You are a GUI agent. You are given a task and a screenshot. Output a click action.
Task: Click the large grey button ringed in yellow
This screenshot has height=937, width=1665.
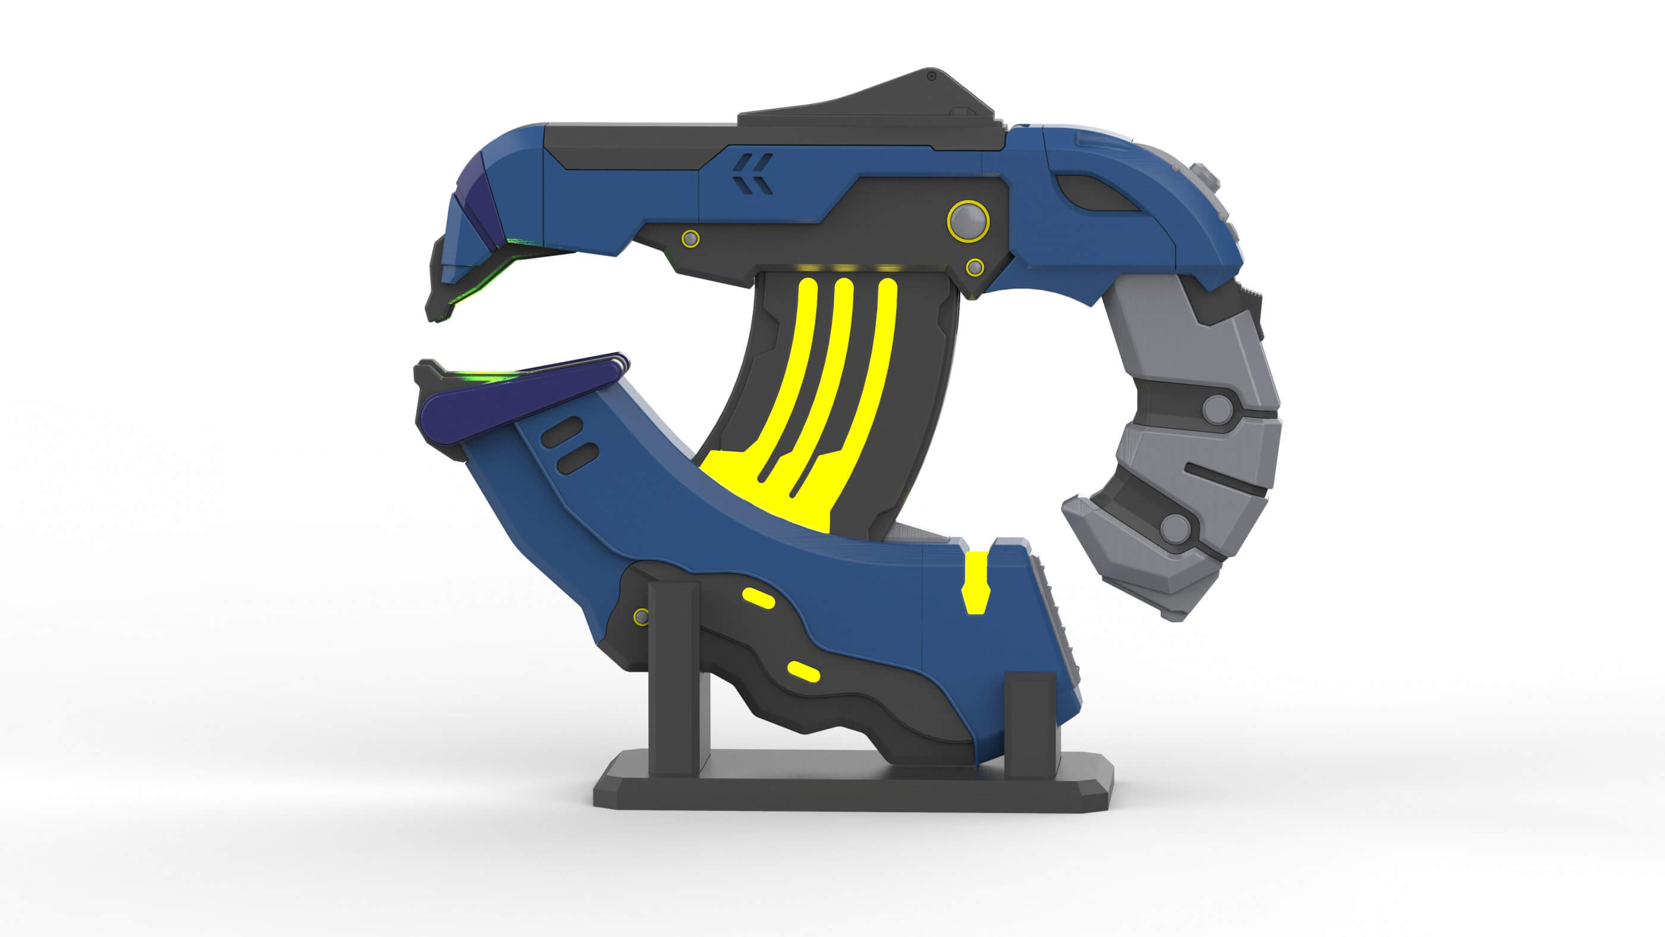[x=967, y=221]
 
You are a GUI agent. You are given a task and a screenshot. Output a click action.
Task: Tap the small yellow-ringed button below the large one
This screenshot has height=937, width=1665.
[x=975, y=267]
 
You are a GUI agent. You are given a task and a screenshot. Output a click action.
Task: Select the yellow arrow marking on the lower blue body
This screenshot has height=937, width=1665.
[x=975, y=582]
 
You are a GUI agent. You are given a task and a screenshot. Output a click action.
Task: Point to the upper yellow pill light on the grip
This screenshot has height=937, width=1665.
[x=758, y=598]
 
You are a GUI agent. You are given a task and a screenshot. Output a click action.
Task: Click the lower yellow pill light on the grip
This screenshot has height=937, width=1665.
[x=804, y=672]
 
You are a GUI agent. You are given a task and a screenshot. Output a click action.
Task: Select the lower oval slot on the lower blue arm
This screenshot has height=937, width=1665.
[x=577, y=458]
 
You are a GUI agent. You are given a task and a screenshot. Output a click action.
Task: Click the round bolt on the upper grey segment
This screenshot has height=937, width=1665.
[x=1218, y=409]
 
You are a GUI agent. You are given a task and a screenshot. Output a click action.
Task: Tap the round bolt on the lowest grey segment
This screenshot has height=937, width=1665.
[x=1175, y=528]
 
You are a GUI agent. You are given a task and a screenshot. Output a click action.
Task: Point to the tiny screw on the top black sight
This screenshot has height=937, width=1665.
[x=931, y=76]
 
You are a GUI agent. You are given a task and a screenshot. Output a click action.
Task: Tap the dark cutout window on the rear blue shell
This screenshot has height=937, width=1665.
[x=1095, y=194]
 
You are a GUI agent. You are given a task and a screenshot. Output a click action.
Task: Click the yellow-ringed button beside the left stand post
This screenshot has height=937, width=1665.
[x=641, y=616]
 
